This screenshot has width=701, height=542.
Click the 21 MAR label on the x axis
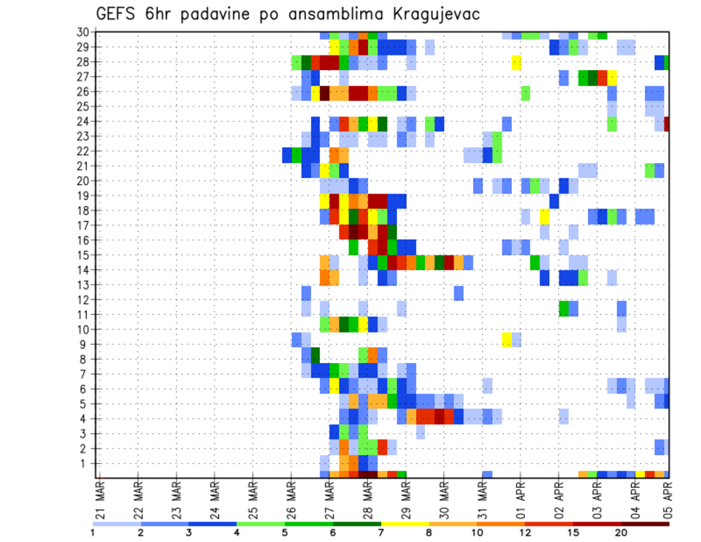pos(99,500)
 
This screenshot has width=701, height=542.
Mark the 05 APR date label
pos(668,500)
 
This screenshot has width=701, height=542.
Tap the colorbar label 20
pos(621,533)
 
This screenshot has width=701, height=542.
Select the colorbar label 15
pos(573,533)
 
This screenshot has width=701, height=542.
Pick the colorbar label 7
pos(380,533)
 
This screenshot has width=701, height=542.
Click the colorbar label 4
pos(237,533)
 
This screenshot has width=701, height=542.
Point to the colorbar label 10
pos(478,533)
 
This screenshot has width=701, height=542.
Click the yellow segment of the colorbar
pos(405,524)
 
